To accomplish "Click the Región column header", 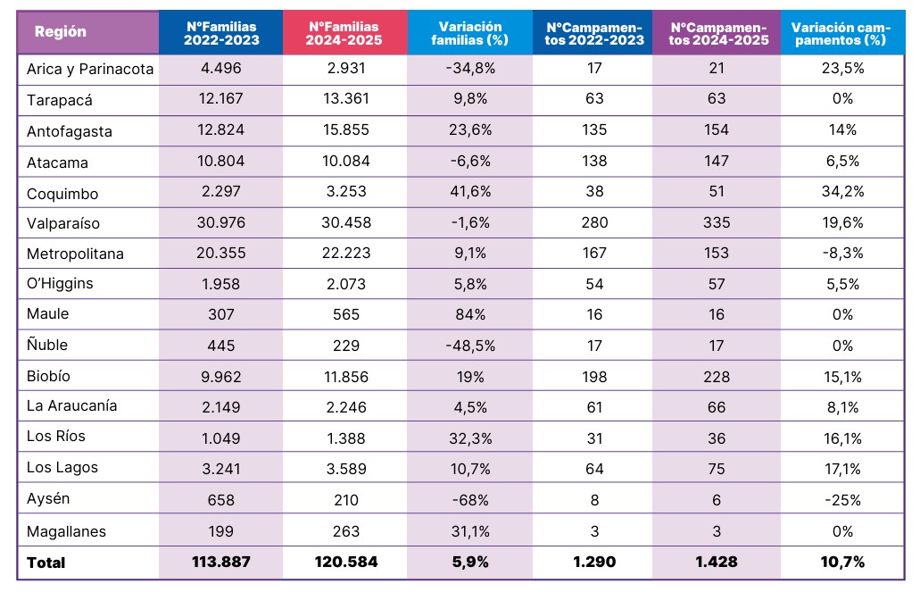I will pyautogui.click(x=61, y=32).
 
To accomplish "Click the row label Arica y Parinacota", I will pyautogui.click(x=90, y=69).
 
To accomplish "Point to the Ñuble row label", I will pyautogui.click(x=47, y=345).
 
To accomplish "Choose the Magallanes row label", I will pyautogui.click(x=66, y=531).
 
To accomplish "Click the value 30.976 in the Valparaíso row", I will pyautogui.click(x=220, y=222).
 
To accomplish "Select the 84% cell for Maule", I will pyautogui.click(x=469, y=314).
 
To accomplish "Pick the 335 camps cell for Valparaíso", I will pyautogui.click(x=716, y=222).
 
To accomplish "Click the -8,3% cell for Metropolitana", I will pyautogui.click(x=842, y=253).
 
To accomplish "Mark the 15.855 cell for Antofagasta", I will pyautogui.click(x=344, y=130).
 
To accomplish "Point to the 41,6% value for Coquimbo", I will pyautogui.click(x=469, y=193).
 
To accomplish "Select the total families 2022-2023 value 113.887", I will pyautogui.click(x=220, y=562).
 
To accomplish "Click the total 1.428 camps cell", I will pyautogui.click(x=716, y=562).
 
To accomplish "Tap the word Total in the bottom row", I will pyautogui.click(x=46, y=563).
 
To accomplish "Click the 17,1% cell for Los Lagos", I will pyautogui.click(x=842, y=469).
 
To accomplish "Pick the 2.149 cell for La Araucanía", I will pyautogui.click(x=220, y=407).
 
